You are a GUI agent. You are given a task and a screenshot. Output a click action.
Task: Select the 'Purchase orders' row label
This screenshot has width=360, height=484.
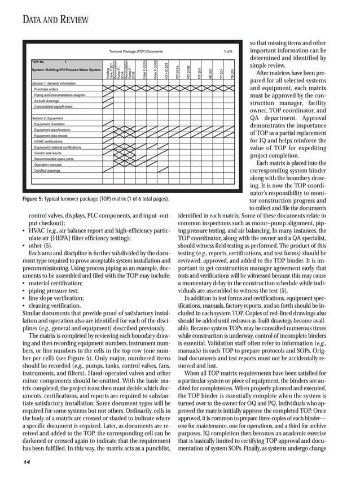[x=46, y=89]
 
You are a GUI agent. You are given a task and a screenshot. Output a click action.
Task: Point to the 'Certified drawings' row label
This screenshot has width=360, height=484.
[x=47, y=170]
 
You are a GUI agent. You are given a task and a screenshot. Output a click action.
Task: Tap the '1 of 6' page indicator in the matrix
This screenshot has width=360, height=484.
[x=227, y=51]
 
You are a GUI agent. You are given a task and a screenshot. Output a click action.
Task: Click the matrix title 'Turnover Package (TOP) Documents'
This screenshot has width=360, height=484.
[x=135, y=51]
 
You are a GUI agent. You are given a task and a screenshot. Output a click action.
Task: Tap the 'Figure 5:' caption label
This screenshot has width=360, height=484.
[x=33, y=199]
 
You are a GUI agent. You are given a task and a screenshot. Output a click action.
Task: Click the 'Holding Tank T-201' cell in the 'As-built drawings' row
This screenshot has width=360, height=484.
[x=108, y=101]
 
